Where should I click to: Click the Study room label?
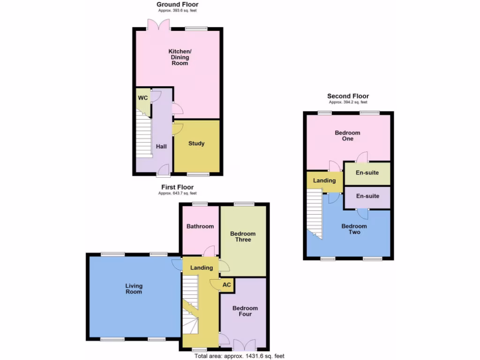pos(196,143)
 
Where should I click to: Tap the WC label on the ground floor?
pos(142,98)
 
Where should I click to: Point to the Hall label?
pos(161,146)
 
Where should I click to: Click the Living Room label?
pos(134,289)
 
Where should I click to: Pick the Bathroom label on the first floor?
pos(200,226)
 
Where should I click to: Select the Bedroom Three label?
pos(243,237)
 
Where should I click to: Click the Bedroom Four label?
pos(245,311)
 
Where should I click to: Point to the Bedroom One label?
pos(347,136)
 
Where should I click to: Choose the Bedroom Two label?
pos(354,229)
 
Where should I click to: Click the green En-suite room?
pos(367,173)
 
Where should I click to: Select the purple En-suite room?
pos(367,196)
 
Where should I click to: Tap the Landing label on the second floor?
pos(324,180)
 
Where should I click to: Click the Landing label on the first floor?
pos(202,268)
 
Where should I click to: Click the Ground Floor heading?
pos(177,5)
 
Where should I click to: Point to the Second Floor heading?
pos(348,96)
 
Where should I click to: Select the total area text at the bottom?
pos(240,356)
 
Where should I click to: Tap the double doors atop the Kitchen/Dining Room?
pos(157,24)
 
